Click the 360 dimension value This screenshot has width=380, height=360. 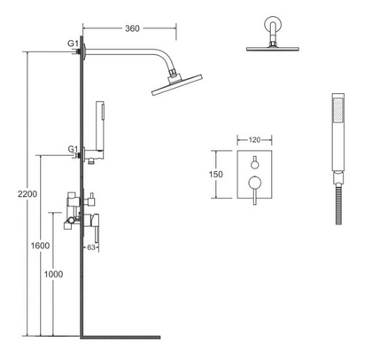point(132,28)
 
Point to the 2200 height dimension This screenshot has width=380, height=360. point(27,194)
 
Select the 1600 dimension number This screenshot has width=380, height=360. point(41,246)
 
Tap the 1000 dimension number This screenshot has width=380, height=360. point(53,274)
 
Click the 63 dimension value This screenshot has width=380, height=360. point(91,247)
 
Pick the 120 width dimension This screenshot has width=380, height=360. point(254,140)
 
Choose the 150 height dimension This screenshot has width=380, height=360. point(216,175)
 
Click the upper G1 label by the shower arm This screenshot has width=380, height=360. point(73,43)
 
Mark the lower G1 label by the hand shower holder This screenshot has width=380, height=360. point(73,149)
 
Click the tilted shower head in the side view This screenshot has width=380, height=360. point(177,85)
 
